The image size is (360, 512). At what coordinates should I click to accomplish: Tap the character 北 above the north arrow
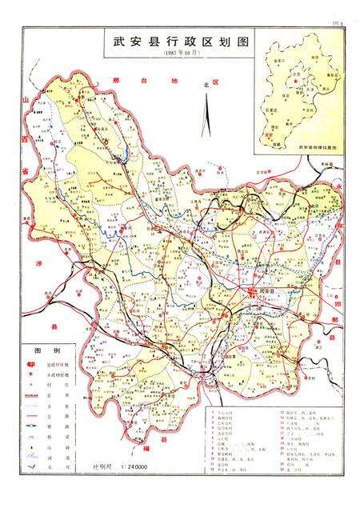coord(206,83)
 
